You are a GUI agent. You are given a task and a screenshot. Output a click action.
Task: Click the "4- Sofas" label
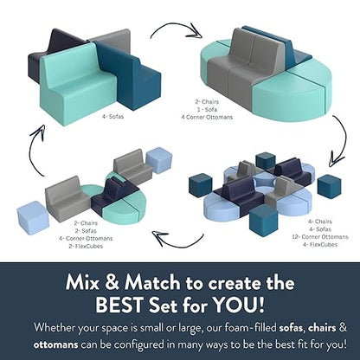click(112, 117)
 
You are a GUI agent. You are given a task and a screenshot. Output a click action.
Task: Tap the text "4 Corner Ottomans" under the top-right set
click(207, 118)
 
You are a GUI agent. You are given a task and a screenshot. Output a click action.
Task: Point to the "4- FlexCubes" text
click(320, 245)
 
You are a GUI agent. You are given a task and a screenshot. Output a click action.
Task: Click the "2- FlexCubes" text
click(86, 247)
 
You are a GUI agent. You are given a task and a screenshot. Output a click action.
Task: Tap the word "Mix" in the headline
click(83, 283)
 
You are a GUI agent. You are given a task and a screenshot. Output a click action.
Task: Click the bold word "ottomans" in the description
click(55, 344)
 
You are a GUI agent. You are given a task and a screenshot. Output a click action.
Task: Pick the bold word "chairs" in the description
click(322, 328)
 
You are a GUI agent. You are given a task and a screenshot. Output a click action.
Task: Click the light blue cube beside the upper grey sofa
click(159, 160)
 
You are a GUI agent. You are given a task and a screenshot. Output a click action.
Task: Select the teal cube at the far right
click(329, 187)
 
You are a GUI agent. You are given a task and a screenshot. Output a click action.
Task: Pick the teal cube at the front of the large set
click(264, 220)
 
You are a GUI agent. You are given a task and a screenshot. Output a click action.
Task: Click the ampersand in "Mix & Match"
click(112, 283)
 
